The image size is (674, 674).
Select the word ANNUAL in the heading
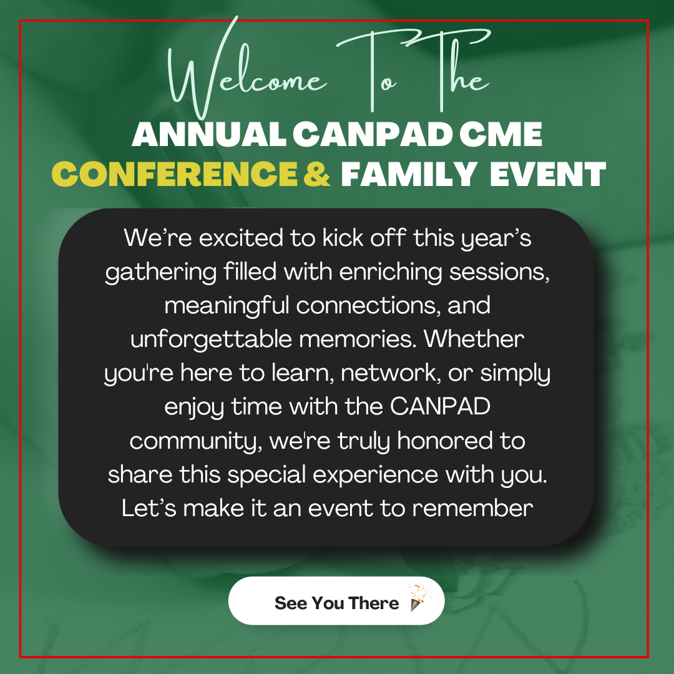pos(209,134)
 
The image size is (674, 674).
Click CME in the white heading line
pos(501,134)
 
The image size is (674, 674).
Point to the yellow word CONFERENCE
pos(175,174)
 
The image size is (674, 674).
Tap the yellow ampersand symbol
pos(317,174)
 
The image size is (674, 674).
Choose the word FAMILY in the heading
pos(408,174)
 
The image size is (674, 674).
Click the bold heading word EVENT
pos(548,174)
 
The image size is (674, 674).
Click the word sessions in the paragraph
pos(499,272)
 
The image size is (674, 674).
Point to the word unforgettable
pos(211,339)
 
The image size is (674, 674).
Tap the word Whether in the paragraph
pos(474,339)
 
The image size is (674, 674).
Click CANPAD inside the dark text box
pos(440,406)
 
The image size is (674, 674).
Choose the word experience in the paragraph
pos(375,475)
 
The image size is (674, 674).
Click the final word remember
pos(473,508)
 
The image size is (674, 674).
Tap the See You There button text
pos(336,603)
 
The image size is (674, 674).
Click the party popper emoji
pos(420,597)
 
